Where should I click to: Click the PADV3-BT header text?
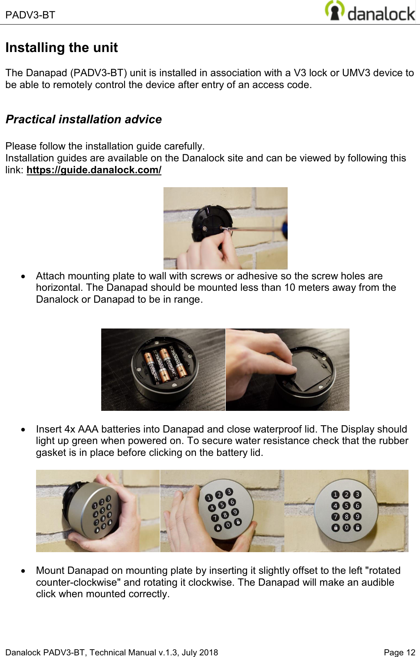click(x=30, y=15)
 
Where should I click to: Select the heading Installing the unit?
click(x=61, y=48)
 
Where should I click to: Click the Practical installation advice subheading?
click(x=84, y=119)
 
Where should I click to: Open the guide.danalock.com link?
click(x=94, y=170)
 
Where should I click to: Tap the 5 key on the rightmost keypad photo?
click(x=346, y=506)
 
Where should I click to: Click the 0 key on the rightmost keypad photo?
click(x=346, y=528)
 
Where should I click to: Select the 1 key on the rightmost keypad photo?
click(x=335, y=495)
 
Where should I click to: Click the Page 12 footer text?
click(x=399, y=652)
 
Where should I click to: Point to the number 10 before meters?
click(x=290, y=288)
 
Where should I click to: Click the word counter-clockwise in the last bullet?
click(x=78, y=582)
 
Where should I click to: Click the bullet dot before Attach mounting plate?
click(x=25, y=276)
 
